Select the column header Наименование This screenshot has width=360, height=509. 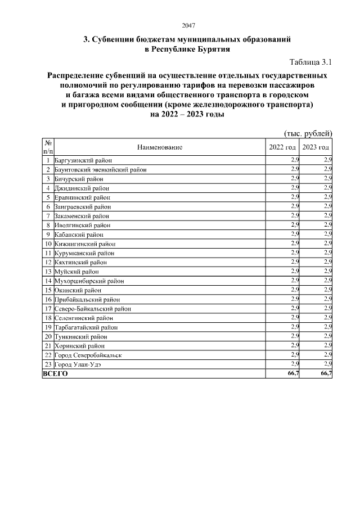coord(160,147)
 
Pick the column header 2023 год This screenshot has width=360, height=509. coord(316,147)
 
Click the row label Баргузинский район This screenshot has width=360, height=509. coord(83,160)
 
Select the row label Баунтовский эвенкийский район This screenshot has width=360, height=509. coord(101,169)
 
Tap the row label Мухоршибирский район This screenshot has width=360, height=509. coord(89,281)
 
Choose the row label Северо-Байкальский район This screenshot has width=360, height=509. coord(93,309)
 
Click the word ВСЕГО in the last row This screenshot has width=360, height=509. coord(55,374)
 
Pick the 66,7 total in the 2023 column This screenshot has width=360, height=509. coord(326,374)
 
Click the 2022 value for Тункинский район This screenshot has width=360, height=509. coord(295,336)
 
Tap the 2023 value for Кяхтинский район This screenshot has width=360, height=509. coord(328,262)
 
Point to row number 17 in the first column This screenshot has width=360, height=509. coord(48,309)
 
